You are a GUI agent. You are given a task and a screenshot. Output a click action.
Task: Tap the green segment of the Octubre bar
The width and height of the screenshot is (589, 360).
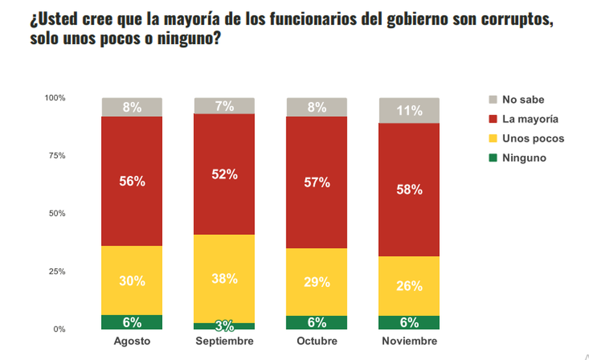[x=317, y=323]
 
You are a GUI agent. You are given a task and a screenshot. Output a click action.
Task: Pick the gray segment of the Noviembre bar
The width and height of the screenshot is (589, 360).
[x=409, y=110]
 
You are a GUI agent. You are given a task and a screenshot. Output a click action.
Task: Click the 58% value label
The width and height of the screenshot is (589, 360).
[x=409, y=190]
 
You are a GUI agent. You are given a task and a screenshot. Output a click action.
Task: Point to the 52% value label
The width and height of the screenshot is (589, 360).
[x=225, y=174]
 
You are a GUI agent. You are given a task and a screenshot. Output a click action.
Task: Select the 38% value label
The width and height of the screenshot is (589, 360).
[x=225, y=278]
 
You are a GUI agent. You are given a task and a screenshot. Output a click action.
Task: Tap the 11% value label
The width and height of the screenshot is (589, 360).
[x=409, y=111]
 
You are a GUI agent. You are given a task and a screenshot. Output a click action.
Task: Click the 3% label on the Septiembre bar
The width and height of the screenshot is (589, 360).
[x=225, y=326]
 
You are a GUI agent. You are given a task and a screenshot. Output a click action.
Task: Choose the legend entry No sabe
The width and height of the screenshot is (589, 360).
[x=523, y=100]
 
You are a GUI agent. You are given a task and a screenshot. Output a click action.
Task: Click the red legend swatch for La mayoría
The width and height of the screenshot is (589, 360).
[x=493, y=119]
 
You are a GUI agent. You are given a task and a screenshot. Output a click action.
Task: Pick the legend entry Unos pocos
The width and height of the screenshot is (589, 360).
[x=533, y=138]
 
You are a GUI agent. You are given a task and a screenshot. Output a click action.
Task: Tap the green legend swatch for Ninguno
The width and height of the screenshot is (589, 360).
[x=493, y=158]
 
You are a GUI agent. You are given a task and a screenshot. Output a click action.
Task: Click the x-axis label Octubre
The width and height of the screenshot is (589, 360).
[x=317, y=341]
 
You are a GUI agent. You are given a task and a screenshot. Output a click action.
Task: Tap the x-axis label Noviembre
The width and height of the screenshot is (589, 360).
[x=409, y=341]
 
